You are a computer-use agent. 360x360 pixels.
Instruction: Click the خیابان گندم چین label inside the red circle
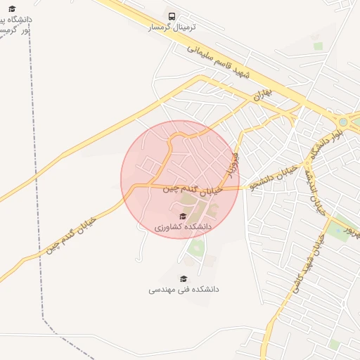(193, 189)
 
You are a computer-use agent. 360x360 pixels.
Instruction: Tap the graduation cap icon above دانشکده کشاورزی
(183, 216)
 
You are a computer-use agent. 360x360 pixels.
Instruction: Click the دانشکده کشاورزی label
(183, 227)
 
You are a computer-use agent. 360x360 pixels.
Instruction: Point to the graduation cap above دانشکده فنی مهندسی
(184, 278)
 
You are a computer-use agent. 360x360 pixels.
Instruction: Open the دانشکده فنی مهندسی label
(184, 289)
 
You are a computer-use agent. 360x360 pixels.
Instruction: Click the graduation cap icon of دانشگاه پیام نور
(11, 8)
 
